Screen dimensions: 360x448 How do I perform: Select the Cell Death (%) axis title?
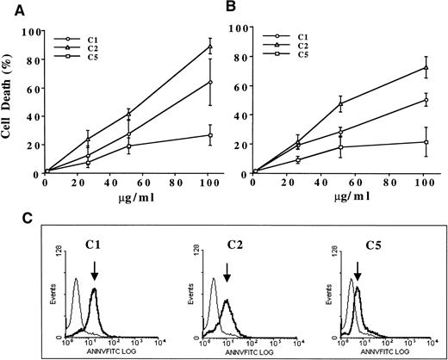[x=9, y=108]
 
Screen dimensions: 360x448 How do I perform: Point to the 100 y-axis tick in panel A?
[x=33, y=31]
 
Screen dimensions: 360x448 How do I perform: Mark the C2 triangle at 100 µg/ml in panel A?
[x=207, y=47]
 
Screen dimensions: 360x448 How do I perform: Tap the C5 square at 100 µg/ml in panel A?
[x=207, y=135]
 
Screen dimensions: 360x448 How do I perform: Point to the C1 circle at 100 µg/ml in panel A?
[x=207, y=83]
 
